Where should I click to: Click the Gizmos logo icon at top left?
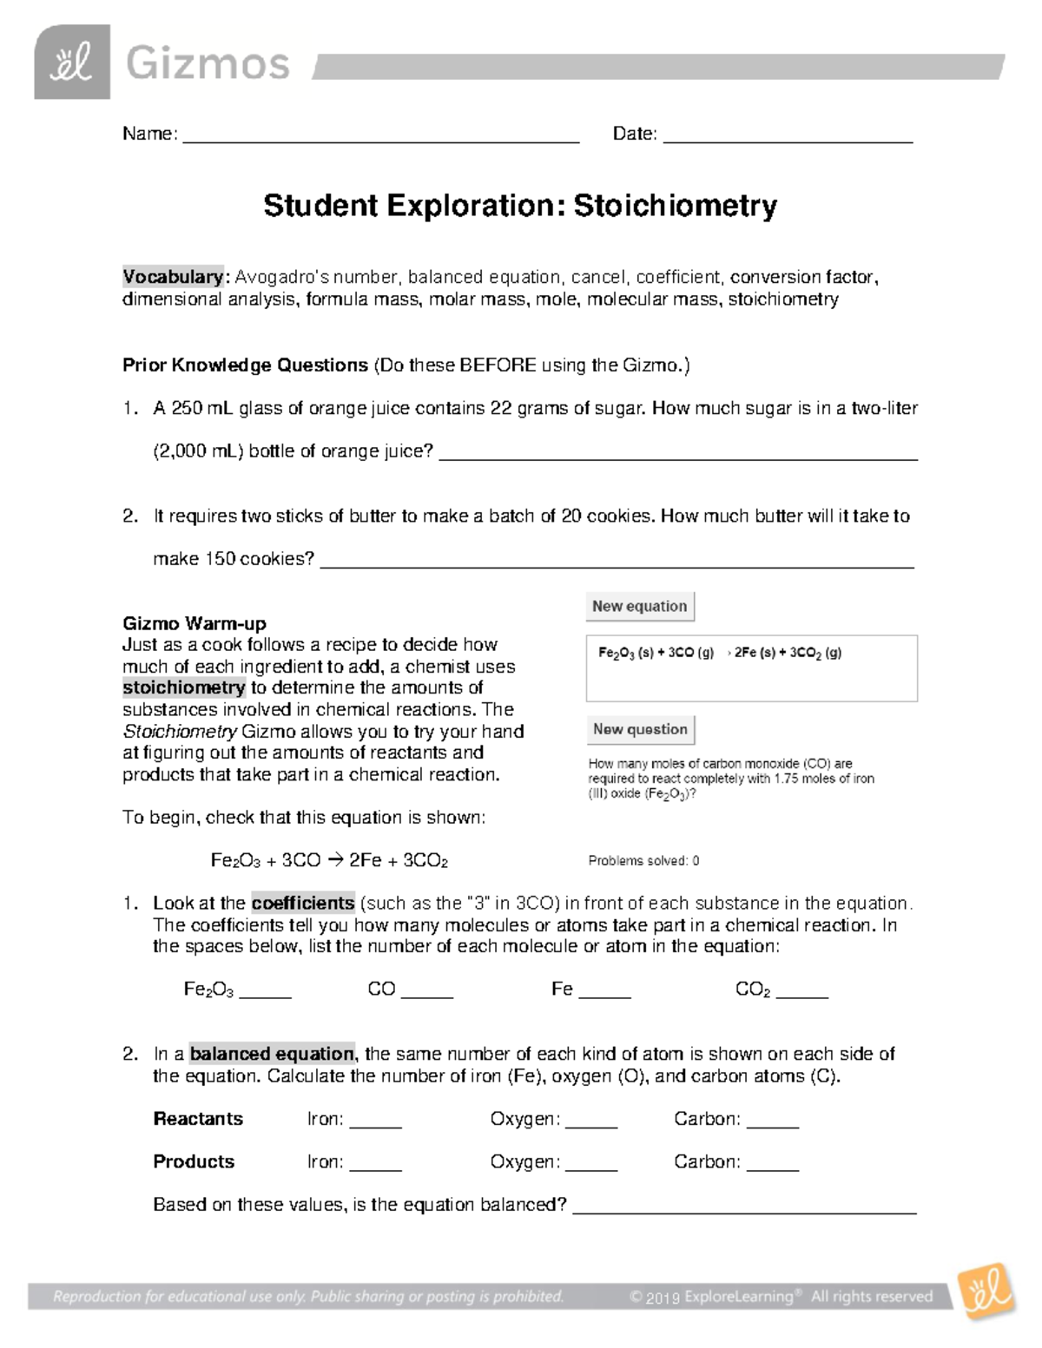[72, 62]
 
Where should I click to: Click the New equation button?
[640, 607]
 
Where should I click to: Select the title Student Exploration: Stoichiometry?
[520, 207]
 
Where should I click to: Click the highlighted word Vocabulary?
[174, 277]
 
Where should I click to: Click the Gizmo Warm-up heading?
[195, 623]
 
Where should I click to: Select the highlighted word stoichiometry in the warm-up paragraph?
[184, 688]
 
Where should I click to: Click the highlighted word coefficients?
[303, 903]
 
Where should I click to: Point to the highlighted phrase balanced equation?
[272, 1054]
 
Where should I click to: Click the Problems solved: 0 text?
[643, 861]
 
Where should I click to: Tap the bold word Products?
[194, 1161]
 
